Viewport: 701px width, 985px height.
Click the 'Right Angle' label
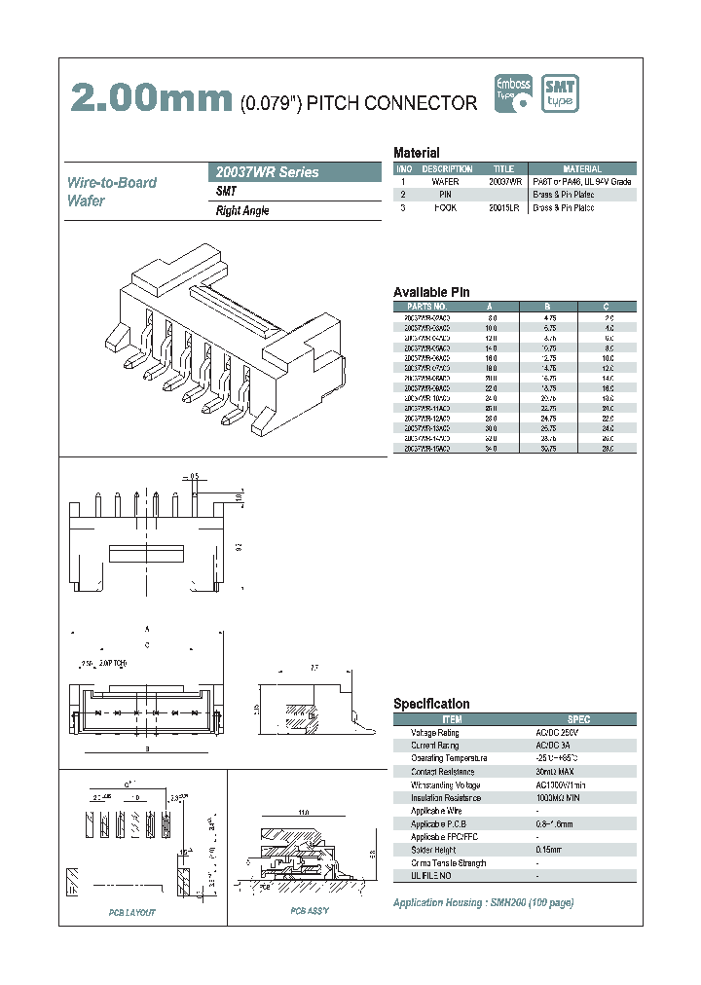click(242, 211)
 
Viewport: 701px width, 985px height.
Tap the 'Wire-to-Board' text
click(112, 182)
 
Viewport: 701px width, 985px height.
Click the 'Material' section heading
click(417, 153)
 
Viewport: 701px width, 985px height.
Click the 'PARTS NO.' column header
click(425, 306)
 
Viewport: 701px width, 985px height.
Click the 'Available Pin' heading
click(431, 292)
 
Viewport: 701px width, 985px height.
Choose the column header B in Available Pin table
click(548, 306)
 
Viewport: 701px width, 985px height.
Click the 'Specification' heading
click(431, 704)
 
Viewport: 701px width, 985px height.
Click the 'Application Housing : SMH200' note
click(483, 902)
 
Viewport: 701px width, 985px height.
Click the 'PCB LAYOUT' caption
click(131, 912)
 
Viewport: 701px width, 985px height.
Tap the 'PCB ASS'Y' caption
click(310, 911)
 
